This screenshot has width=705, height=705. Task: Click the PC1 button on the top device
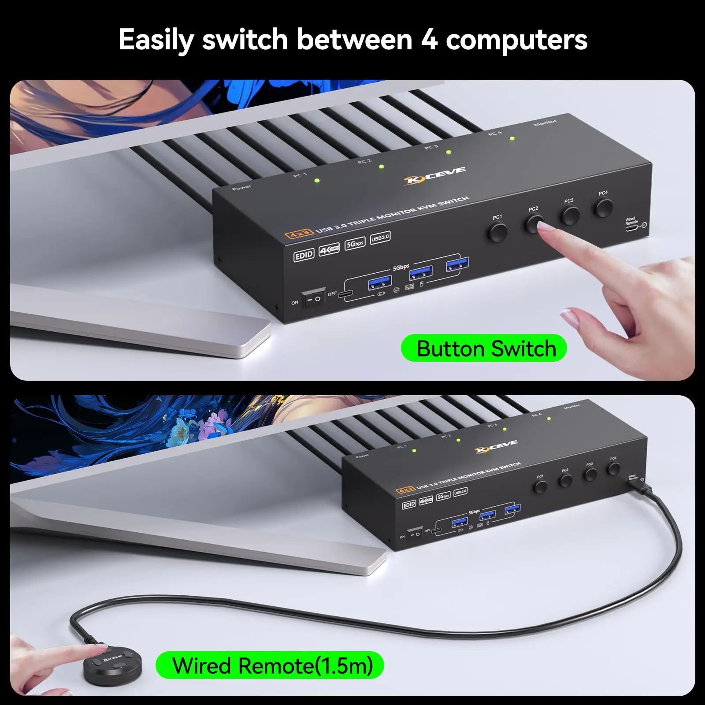[498, 233]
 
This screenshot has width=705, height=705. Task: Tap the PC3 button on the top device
[570, 215]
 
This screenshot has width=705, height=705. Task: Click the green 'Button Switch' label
[484, 349]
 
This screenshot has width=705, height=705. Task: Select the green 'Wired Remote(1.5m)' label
[270, 665]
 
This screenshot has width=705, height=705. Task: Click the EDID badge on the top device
[304, 255]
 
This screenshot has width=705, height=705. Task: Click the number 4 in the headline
[429, 40]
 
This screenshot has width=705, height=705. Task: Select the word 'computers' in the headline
[516, 40]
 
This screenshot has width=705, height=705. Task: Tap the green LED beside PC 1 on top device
[316, 181]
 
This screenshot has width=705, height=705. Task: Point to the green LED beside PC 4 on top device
[512, 139]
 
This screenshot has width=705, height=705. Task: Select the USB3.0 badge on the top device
[380, 238]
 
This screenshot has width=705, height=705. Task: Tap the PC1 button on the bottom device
[540, 487]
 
